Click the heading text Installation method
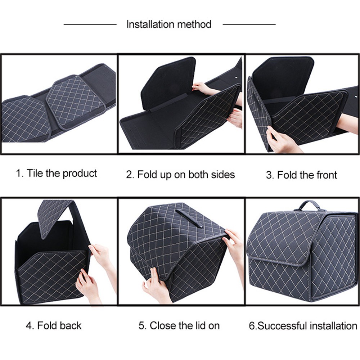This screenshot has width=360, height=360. pyautogui.click(x=169, y=24)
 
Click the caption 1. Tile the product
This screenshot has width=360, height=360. pyautogui.click(x=57, y=173)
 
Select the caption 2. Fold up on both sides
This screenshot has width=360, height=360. pyautogui.click(x=180, y=175)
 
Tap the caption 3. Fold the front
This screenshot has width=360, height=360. pyautogui.click(x=301, y=175)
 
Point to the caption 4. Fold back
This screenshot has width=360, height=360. pyautogui.click(x=54, y=326)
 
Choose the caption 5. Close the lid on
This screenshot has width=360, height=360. pyautogui.click(x=179, y=326)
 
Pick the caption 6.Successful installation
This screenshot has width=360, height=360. pyautogui.click(x=303, y=326)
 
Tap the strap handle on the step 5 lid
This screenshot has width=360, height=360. pyautogui.click(x=189, y=218)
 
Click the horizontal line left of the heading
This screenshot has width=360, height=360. pyautogui.click(x=90, y=24)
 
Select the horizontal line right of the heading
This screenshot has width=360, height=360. pyautogui.click(x=249, y=24)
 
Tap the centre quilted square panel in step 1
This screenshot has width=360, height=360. pyautogui.click(x=76, y=101)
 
